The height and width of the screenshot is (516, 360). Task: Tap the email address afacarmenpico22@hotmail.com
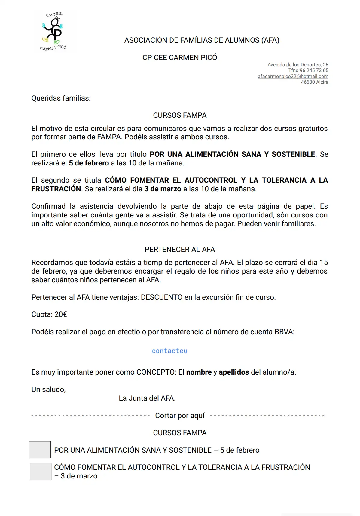coord(293,76)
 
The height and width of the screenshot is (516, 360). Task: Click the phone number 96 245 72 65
coord(314,70)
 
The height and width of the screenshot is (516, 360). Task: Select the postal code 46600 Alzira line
coord(314,82)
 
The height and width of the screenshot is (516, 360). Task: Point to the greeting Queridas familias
coord(61,98)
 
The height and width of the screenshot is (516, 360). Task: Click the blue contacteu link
coord(169,351)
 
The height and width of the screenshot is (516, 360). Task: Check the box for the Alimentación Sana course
coord(40,449)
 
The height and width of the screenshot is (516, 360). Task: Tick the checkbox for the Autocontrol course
coord(40,472)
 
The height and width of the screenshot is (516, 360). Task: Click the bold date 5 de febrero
coord(89,163)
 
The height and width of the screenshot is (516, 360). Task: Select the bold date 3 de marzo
coord(163,189)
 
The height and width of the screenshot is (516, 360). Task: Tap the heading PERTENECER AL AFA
coord(180,250)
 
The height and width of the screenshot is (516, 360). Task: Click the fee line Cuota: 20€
coord(49,314)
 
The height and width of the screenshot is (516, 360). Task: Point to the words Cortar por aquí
coord(180,416)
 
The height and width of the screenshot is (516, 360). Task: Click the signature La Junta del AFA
coord(147,398)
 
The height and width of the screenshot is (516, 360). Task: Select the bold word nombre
coord(199,372)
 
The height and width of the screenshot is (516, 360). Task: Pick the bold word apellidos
coord(234,372)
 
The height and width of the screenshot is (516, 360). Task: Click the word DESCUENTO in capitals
coord(162,297)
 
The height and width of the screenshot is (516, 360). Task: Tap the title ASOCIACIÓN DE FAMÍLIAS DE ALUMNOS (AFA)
coord(202,40)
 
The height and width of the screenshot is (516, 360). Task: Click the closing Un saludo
coord(48,390)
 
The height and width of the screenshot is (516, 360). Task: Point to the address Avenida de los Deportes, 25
coord(298,65)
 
